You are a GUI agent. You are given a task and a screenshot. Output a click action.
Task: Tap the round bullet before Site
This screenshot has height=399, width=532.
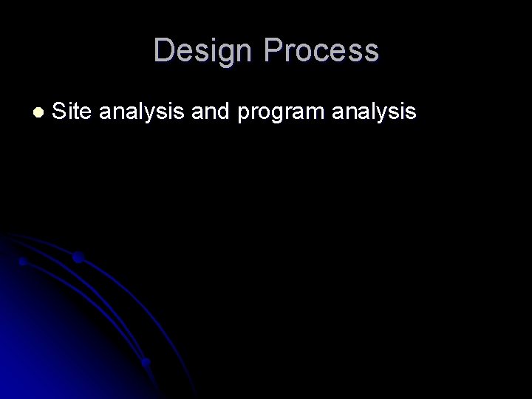tap(38, 112)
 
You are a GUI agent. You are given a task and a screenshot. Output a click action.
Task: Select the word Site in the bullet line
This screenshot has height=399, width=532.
tap(72, 112)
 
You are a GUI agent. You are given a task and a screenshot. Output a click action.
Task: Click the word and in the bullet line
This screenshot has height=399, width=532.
tap(207, 112)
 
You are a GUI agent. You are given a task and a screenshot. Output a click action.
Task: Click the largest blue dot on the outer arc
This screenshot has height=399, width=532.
tap(78, 258)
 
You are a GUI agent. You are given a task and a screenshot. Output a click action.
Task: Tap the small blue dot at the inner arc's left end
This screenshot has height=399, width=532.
tap(23, 262)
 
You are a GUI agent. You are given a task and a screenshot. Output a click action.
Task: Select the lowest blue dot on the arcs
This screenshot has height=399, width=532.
tap(146, 362)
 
